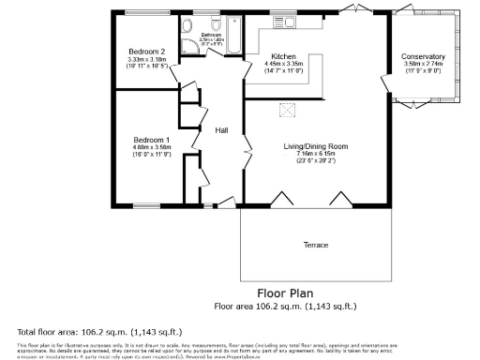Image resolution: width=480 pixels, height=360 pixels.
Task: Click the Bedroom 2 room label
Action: point(147,52)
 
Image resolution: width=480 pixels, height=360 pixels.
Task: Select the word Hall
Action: point(222,130)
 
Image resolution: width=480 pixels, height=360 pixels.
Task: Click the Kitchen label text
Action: point(284,55)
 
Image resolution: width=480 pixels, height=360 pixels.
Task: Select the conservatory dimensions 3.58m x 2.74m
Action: point(423,65)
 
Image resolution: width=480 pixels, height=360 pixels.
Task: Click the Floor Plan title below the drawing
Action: point(284,292)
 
